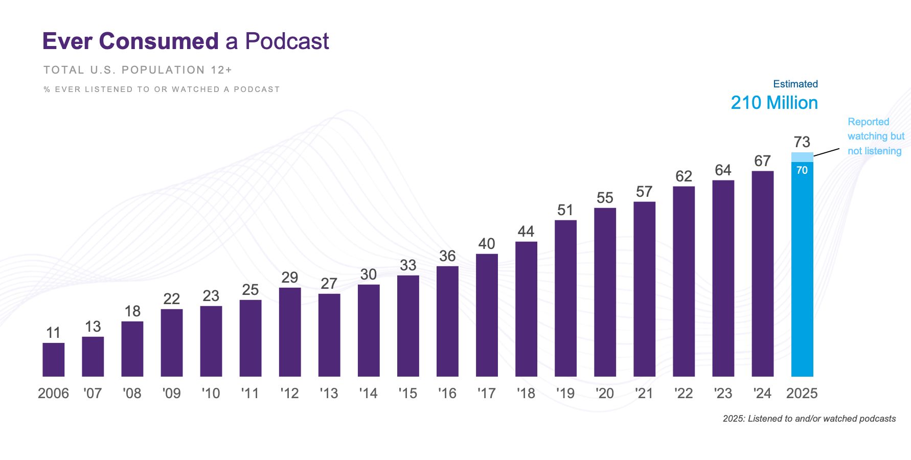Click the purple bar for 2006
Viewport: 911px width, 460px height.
53,359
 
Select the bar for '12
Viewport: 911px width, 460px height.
290,332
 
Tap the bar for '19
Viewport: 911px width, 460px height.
565,298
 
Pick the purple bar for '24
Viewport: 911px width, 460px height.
762,274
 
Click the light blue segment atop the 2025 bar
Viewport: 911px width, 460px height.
802,157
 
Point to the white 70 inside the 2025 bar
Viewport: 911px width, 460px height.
802,170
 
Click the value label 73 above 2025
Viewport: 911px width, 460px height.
802,142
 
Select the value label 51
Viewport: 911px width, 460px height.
565,210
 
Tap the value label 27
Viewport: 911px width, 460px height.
329,283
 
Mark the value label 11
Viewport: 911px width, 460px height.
53,333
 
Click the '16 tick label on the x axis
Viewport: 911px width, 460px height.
447,393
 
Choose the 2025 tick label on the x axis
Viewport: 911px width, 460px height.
802,393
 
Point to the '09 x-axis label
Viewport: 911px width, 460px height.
171,393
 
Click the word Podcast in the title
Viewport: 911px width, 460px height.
287,41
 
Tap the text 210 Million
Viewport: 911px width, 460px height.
774,103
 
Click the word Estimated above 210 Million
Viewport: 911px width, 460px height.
795,84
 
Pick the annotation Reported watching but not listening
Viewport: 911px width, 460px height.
875,136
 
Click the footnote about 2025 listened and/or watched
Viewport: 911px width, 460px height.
809,419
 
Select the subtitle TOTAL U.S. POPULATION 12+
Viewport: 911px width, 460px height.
138,70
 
